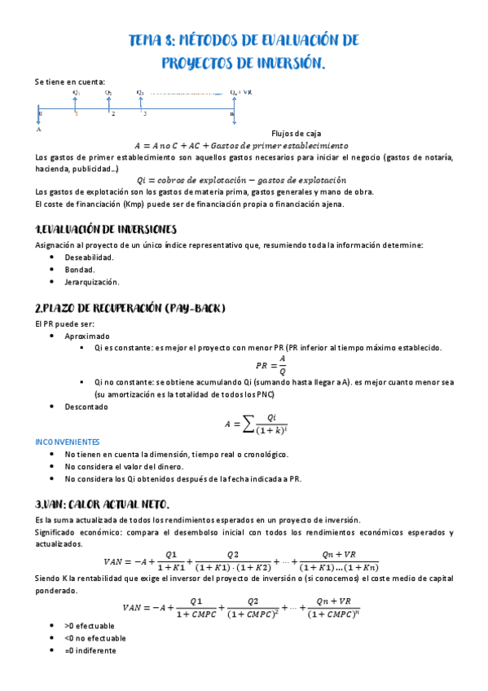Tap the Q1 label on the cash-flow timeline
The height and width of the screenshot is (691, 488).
tap(76, 93)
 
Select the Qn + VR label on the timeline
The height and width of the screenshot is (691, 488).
tap(241, 93)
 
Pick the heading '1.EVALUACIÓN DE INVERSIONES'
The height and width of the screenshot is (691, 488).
tap(106, 229)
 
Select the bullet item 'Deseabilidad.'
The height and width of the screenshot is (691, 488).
tap(90, 257)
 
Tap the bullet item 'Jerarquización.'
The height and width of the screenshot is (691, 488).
tap(92, 282)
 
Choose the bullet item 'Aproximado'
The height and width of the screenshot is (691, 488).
tap(87, 336)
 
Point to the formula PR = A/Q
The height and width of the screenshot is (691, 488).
tap(271, 365)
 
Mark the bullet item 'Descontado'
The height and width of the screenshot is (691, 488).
tap(86, 406)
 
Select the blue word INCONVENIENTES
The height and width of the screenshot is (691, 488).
tap(67, 441)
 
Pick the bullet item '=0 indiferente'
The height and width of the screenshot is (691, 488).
tap(90, 650)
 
